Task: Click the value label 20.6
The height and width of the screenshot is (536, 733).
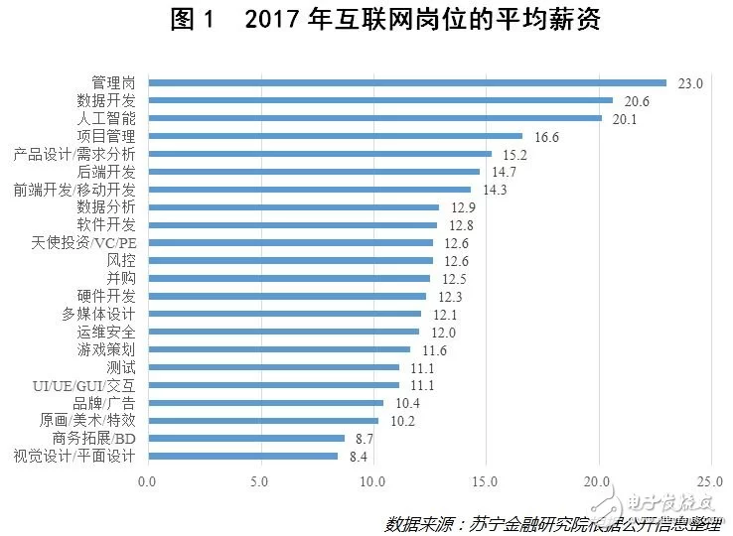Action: [637, 101]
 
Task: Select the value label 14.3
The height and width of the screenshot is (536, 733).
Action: [495, 190]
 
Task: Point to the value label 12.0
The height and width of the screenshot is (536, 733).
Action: [443, 332]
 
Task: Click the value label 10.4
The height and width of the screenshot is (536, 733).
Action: [407, 403]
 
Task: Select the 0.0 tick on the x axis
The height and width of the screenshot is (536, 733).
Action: [148, 482]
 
